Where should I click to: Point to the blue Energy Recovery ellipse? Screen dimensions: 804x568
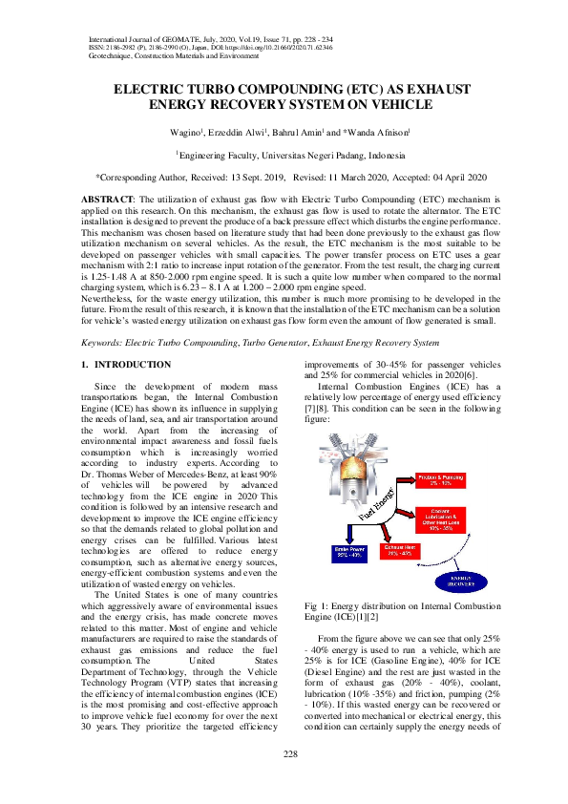[x=461, y=582]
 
